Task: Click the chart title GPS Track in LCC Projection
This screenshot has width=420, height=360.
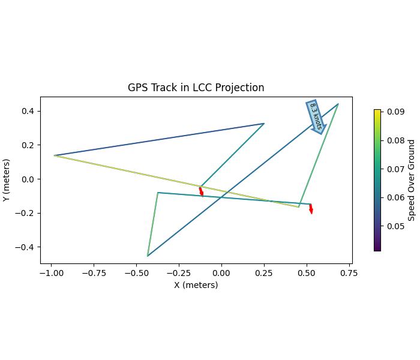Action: (196, 88)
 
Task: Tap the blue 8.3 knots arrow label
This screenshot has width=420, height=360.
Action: (316, 116)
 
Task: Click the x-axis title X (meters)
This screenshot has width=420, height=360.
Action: (196, 285)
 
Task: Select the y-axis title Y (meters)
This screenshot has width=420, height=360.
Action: (7, 180)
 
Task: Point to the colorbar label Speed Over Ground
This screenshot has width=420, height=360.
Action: (411, 180)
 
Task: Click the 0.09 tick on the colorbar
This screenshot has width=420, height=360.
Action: (395, 112)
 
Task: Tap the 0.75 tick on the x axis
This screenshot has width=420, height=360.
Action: (349, 273)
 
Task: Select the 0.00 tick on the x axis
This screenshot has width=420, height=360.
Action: (221, 273)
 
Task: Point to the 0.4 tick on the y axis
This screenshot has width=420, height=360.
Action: (28, 111)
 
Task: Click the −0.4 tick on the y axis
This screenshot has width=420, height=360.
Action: (26, 247)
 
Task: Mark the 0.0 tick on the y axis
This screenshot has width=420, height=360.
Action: (28, 179)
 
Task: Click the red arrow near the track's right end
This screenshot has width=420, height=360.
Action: (311, 208)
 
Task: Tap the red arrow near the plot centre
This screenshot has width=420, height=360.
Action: (201, 191)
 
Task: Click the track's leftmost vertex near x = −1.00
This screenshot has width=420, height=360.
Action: (55, 155)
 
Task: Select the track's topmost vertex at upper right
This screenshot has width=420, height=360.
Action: (338, 104)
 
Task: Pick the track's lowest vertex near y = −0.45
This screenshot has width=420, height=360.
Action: (148, 256)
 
